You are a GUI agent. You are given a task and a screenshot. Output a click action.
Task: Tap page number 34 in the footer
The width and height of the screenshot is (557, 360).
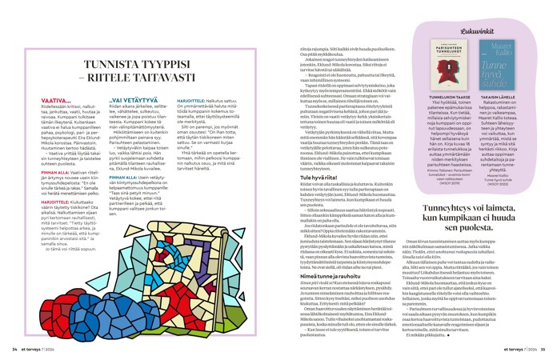(14, 348)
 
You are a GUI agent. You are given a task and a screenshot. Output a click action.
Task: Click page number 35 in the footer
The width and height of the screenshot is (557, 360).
(541, 348)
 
